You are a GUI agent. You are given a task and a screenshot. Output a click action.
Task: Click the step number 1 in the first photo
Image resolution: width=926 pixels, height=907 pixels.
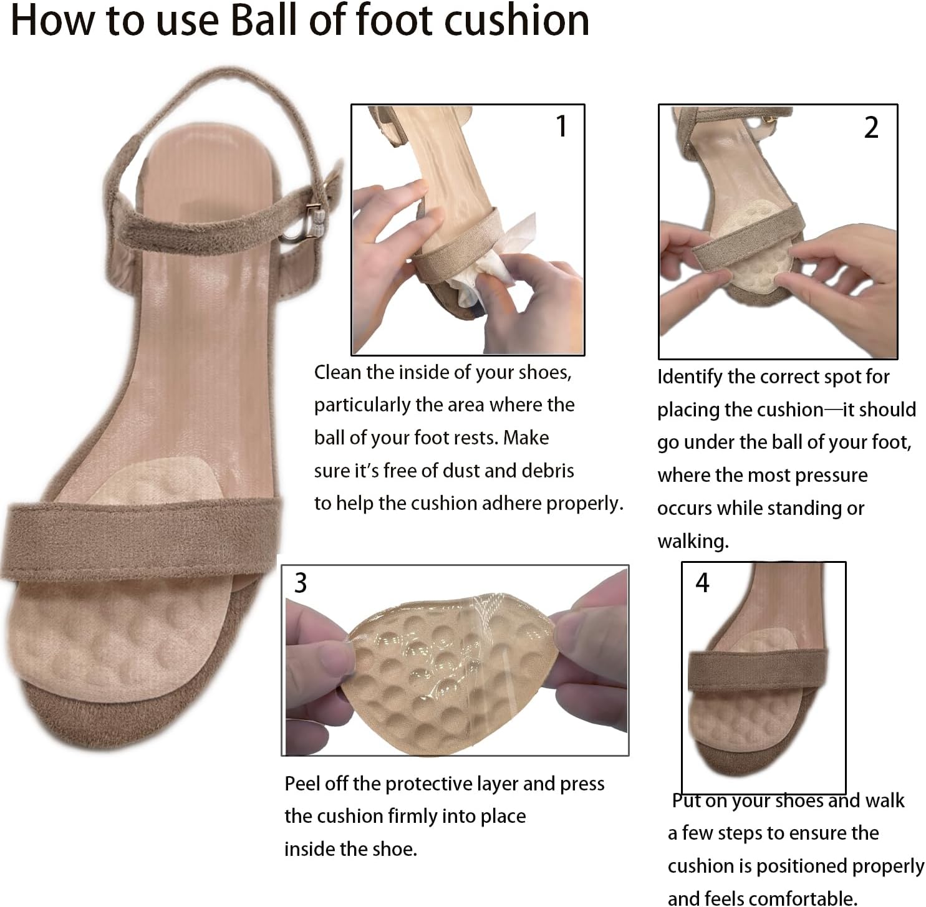pos(561,127)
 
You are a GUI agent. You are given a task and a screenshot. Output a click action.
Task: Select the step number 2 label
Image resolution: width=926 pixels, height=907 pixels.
pos(871,128)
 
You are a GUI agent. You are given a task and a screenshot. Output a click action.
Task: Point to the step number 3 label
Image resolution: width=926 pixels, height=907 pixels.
pos(301,583)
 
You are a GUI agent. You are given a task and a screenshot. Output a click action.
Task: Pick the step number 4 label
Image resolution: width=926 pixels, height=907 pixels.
pos(702,583)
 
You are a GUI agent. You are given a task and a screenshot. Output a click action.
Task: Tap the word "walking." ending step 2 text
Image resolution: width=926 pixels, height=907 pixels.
pos(693,540)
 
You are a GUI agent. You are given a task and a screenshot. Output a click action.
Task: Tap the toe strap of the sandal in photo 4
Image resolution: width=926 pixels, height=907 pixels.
pos(758,672)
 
